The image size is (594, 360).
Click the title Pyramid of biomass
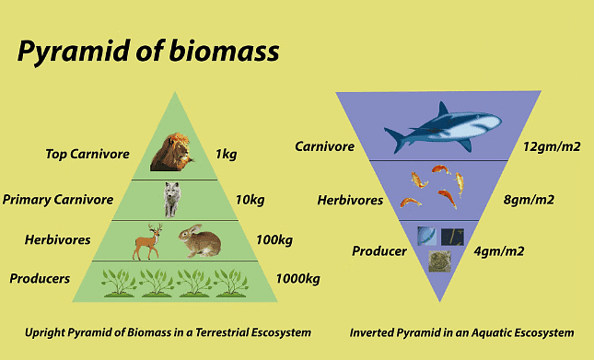click(148, 52)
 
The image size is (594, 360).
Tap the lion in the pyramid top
click(172, 153)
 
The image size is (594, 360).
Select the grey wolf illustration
click(171, 198)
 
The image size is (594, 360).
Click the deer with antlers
click(148, 241)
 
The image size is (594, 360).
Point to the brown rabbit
click(199, 241)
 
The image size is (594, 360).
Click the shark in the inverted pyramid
click(442, 125)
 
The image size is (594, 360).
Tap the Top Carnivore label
click(87, 154)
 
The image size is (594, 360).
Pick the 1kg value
click(225, 154)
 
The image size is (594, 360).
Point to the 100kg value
click(274, 240)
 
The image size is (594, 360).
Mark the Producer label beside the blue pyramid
click(379, 250)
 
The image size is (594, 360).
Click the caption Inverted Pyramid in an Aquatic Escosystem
click(462, 332)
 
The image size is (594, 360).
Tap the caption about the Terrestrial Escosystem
click(168, 331)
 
